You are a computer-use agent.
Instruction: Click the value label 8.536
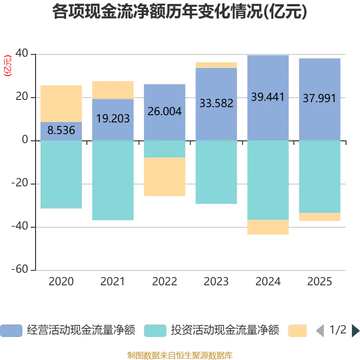click(x=61, y=131)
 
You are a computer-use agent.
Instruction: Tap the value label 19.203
click(x=113, y=119)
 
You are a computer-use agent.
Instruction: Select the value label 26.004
click(x=164, y=111)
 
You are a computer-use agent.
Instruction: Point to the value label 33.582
click(x=216, y=103)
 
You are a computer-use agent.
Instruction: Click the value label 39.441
click(x=268, y=97)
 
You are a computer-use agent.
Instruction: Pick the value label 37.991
click(x=319, y=98)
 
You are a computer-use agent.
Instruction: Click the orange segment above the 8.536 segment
click(x=61, y=103)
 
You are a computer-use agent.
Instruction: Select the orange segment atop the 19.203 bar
click(x=113, y=90)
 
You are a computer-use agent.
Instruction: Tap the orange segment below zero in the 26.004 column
click(x=164, y=177)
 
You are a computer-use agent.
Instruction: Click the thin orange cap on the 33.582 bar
click(x=216, y=65)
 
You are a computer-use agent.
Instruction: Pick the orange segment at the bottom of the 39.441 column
click(x=268, y=228)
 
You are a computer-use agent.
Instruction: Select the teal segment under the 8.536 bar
click(x=61, y=174)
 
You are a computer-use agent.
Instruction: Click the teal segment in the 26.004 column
click(x=164, y=149)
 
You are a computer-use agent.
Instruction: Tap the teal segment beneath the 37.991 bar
click(x=319, y=176)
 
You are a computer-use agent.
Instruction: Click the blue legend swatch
click(x=12, y=331)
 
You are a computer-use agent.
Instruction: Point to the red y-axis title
click(x=7, y=66)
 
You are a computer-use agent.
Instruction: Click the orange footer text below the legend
click(x=180, y=354)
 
